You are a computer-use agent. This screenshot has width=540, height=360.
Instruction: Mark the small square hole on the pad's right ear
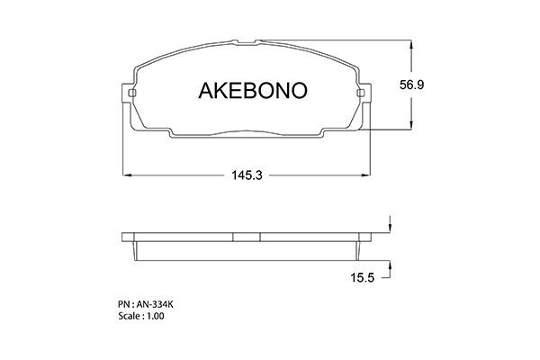tap(360, 94)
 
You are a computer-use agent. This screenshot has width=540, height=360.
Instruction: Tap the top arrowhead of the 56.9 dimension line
tap(412, 43)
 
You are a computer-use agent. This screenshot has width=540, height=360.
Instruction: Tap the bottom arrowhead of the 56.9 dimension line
tap(412, 129)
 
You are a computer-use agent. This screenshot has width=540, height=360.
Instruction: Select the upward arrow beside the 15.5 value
tap(390, 265)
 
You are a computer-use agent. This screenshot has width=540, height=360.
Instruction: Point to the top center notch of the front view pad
tap(247, 41)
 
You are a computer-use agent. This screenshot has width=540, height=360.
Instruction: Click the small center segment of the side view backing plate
tap(247, 238)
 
